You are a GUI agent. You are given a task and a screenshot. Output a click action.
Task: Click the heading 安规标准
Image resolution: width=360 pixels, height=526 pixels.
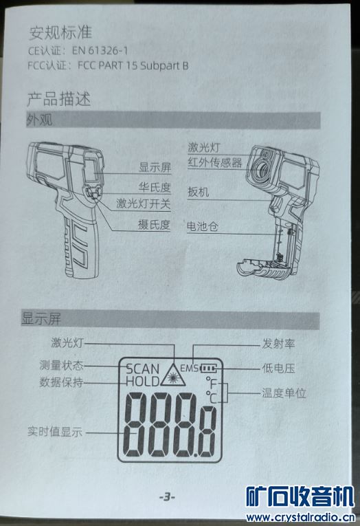tap(60, 32)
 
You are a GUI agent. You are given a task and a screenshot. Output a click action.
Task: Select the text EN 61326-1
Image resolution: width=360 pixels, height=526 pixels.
tap(100, 51)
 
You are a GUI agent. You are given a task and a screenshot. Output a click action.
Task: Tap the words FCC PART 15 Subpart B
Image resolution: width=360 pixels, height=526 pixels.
tap(133, 65)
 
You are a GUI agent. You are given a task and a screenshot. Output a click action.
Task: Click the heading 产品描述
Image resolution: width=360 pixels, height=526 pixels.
tap(58, 99)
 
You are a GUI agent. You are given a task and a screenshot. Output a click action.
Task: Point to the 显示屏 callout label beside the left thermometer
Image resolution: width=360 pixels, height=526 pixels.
tap(155, 167)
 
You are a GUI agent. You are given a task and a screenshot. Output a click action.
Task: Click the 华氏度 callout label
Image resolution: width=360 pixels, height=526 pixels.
tap(155, 187)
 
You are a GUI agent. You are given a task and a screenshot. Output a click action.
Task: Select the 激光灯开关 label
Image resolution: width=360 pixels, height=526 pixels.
tap(143, 204)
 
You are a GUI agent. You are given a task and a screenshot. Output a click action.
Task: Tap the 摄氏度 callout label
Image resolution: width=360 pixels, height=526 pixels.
tap(154, 224)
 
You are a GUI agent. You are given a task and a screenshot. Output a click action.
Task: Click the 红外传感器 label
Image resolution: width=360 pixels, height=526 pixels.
tap(215, 163)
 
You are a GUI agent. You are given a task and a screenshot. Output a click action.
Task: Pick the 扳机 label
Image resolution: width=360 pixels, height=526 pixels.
tap(199, 192)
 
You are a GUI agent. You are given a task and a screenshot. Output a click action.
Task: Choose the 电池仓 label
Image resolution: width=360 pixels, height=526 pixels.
tap(203, 226)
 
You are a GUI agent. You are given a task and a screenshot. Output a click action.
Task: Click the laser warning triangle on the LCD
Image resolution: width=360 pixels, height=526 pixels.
tap(173, 375)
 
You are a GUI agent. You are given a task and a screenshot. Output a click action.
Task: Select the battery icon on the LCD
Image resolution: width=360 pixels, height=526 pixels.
tap(208, 369)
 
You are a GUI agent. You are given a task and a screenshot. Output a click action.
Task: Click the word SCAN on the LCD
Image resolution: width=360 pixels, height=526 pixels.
tap(142, 369)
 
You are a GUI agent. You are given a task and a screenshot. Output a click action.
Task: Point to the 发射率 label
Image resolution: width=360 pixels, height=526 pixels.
tap(278, 344)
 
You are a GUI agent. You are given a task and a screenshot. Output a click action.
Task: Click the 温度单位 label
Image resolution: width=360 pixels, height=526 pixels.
tap(284, 393)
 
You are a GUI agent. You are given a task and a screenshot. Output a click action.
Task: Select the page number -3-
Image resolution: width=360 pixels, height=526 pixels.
tap(167, 497)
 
